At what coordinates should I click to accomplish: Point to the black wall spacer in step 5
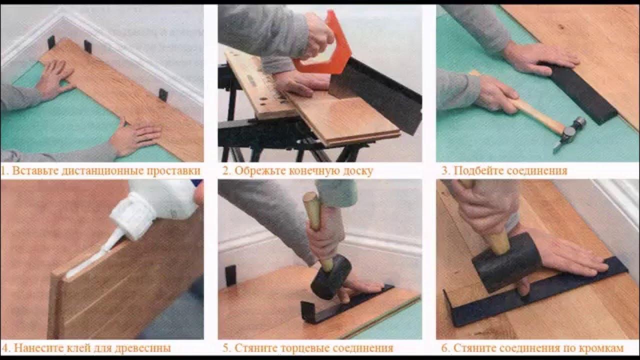click(x=231, y=276)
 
